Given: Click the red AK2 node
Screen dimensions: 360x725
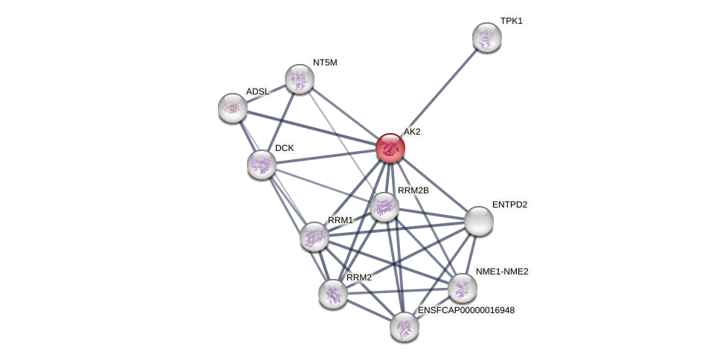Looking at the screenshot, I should pyautogui.click(x=390, y=148).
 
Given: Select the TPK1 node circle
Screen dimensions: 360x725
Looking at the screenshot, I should pyautogui.click(x=487, y=37).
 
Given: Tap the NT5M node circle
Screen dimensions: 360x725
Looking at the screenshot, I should pyautogui.click(x=300, y=79).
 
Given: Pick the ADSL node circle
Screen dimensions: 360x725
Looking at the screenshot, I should pyautogui.click(x=233, y=108).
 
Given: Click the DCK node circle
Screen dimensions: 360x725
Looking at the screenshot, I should pyautogui.click(x=262, y=164).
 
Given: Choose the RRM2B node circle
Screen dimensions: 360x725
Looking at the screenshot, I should pyautogui.click(x=384, y=207).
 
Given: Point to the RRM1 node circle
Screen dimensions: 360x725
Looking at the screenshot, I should pyautogui.click(x=315, y=237).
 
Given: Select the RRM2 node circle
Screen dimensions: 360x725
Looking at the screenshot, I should pyautogui.click(x=333, y=293).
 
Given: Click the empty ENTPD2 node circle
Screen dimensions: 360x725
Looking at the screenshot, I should pyautogui.click(x=479, y=221).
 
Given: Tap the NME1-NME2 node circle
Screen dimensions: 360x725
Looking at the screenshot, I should pyautogui.click(x=463, y=288).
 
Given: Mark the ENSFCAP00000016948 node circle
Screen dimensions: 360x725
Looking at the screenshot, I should pyautogui.click(x=405, y=326).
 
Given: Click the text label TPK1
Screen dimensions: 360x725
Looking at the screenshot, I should pyautogui.click(x=511, y=21).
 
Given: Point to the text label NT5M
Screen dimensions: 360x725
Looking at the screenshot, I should pyautogui.click(x=325, y=62).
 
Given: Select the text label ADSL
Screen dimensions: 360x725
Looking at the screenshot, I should pyautogui.click(x=257, y=91).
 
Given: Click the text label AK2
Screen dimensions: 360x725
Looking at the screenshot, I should pyautogui.click(x=412, y=132).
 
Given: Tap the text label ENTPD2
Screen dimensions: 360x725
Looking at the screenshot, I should pyautogui.click(x=509, y=205).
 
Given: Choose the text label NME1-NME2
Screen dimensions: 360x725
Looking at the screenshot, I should pyautogui.click(x=502, y=271).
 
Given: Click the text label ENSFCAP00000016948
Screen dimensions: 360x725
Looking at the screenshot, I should pyautogui.click(x=465, y=310).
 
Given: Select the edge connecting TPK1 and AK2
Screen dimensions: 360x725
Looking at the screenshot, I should pyautogui.click(x=439, y=92).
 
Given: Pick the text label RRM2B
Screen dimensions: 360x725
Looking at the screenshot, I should pyautogui.click(x=413, y=190).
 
